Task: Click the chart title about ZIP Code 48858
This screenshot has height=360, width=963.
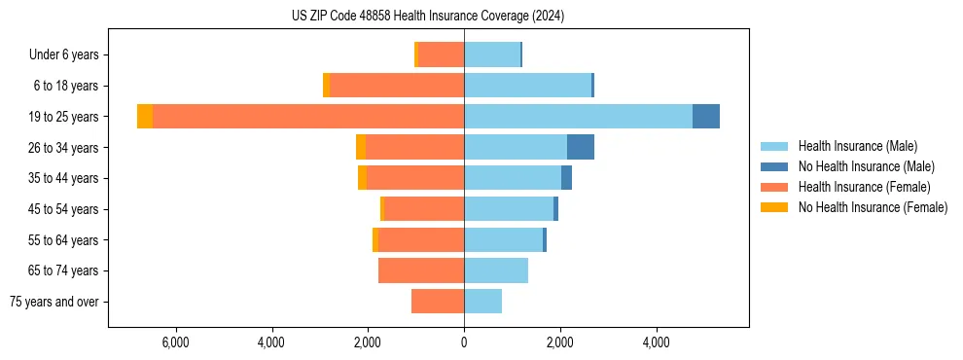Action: click(428, 17)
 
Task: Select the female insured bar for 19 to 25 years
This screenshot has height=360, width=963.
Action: click(307, 117)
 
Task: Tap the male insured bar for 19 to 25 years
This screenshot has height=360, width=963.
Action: click(578, 117)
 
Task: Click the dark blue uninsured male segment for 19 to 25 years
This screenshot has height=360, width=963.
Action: click(706, 117)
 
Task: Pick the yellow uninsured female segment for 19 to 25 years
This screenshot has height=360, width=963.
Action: click(145, 117)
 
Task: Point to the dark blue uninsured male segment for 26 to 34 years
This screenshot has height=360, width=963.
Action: click(581, 147)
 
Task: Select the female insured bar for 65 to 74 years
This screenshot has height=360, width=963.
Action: click(421, 270)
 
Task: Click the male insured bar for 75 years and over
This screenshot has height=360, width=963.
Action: click(482, 302)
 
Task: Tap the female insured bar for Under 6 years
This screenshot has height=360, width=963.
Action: click(441, 54)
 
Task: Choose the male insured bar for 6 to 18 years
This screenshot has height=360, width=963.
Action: click(527, 86)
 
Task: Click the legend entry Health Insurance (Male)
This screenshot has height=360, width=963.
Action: click(857, 146)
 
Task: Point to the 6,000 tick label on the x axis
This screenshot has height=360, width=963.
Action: click(175, 342)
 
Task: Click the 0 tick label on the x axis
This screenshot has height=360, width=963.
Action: click(464, 342)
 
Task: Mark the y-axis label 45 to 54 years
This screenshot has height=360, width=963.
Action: click(64, 209)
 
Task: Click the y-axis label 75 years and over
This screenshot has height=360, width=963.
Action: click(53, 302)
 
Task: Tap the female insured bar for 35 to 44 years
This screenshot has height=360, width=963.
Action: click(415, 178)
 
